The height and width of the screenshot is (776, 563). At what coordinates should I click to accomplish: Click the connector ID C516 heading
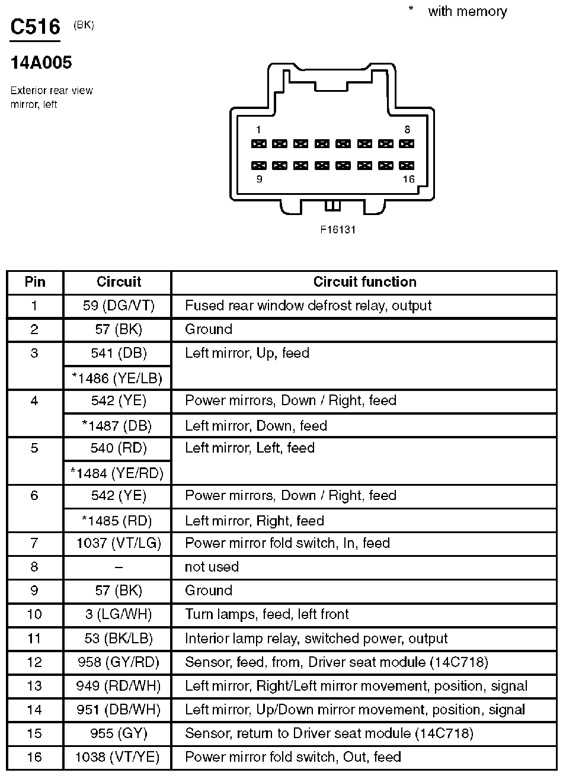pos(35,27)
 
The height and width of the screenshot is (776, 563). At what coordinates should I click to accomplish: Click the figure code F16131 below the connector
pos(338,229)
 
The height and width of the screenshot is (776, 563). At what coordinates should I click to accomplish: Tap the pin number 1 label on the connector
pos(258,130)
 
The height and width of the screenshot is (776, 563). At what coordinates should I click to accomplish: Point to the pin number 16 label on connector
pos(408,179)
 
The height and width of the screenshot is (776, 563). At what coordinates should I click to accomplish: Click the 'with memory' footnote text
pos(467,11)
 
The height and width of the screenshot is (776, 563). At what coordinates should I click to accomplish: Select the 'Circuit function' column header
pos(364,282)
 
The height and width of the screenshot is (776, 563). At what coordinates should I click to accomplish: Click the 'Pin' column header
pos(35,282)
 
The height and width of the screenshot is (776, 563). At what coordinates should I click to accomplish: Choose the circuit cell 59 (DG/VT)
pos(117,306)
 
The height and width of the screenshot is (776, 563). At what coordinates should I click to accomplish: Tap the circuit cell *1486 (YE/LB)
pos(117,377)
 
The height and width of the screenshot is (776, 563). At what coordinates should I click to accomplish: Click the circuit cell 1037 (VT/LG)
pos(117,543)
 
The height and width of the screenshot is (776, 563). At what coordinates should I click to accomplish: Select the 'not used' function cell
pos(212,567)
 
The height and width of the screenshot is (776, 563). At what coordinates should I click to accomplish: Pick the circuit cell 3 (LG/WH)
pos(117,614)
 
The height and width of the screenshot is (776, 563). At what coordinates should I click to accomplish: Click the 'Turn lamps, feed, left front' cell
pos(267,614)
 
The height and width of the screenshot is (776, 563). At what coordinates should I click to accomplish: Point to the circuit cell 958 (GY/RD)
pos(117,662)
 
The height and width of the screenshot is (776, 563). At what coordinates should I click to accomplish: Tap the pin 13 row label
pos(35,686)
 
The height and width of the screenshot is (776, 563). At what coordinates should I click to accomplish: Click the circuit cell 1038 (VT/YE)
pos(117,756)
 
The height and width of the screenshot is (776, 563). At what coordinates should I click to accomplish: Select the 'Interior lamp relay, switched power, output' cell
pos(316,638)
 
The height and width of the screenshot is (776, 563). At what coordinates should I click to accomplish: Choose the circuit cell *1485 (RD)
pos(117,521)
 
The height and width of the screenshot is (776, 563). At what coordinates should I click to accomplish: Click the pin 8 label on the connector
pos(407,130)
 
